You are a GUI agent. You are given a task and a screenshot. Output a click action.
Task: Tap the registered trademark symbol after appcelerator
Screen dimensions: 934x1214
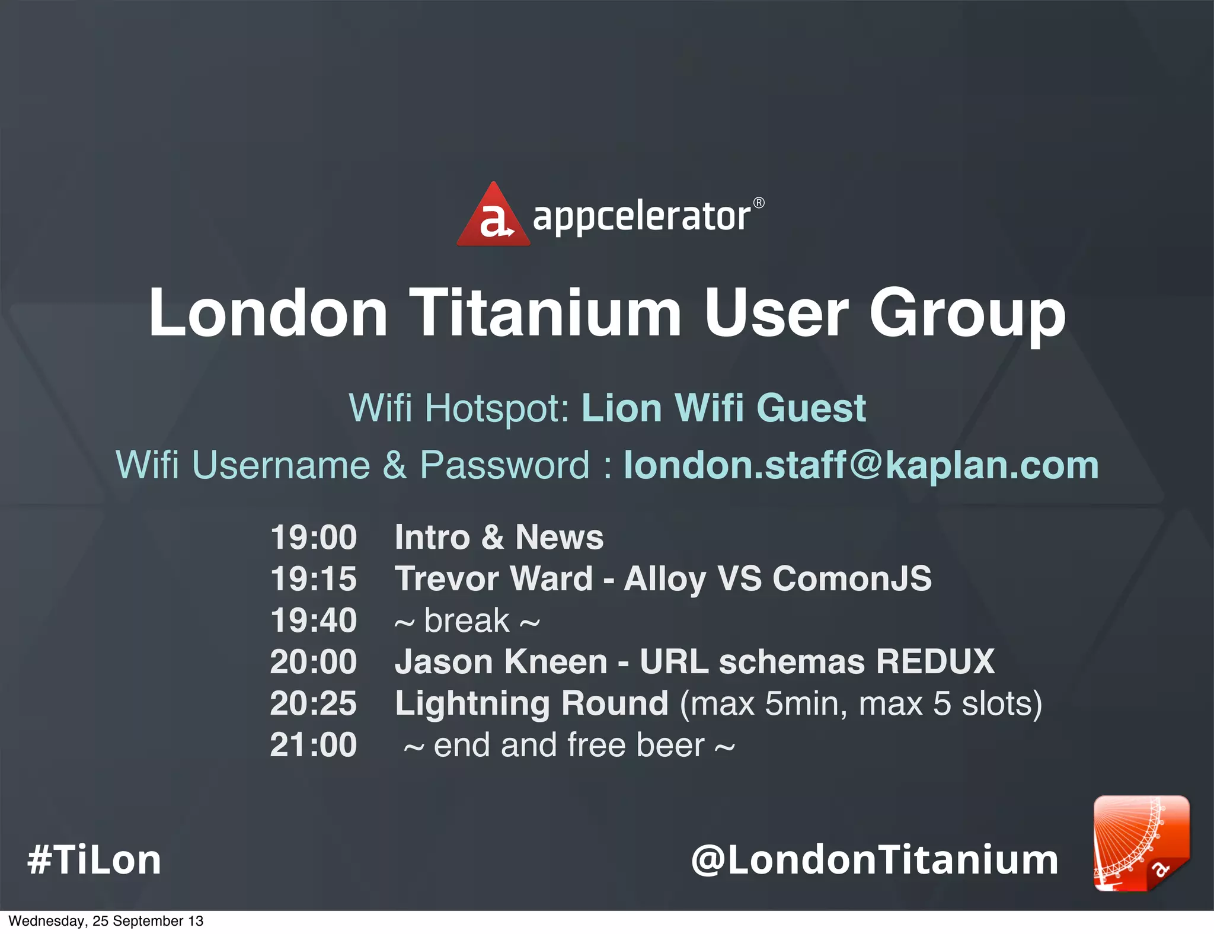[x=759, y=203]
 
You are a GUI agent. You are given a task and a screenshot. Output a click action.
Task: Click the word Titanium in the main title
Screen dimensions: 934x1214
[x=545, y=312]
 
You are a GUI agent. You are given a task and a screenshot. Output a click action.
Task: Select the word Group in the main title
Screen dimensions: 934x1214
[x=967, y=314]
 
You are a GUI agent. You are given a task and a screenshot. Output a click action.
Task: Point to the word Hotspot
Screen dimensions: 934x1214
[x=497, y=409]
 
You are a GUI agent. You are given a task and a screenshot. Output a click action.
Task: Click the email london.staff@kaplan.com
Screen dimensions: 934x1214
[x=861, y=465]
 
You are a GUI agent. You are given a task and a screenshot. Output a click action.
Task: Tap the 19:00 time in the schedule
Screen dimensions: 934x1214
[x=314, y=537]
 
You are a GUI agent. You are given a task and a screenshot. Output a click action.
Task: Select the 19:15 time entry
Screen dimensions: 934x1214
[x=314, y=578]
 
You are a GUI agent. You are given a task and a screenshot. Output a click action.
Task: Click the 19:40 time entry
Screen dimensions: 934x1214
[x=314, y=620]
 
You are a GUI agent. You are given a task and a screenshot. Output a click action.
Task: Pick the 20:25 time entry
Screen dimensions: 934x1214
[x=314, y=703]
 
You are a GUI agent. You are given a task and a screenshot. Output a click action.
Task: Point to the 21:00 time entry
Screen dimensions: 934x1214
[x=314, y=745]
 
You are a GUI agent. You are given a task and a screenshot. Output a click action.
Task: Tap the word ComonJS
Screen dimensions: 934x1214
[x=852, y=578]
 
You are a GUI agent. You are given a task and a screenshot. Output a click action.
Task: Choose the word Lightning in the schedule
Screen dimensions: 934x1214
[x=472, y=704]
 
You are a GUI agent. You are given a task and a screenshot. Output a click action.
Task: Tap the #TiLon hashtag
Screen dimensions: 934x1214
[x=94, y=860]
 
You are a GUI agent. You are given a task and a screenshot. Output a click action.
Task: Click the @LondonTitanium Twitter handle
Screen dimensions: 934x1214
[x=874, y=860]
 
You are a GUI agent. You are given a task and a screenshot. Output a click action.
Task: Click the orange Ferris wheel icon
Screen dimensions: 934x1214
[x=1141, y=843]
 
